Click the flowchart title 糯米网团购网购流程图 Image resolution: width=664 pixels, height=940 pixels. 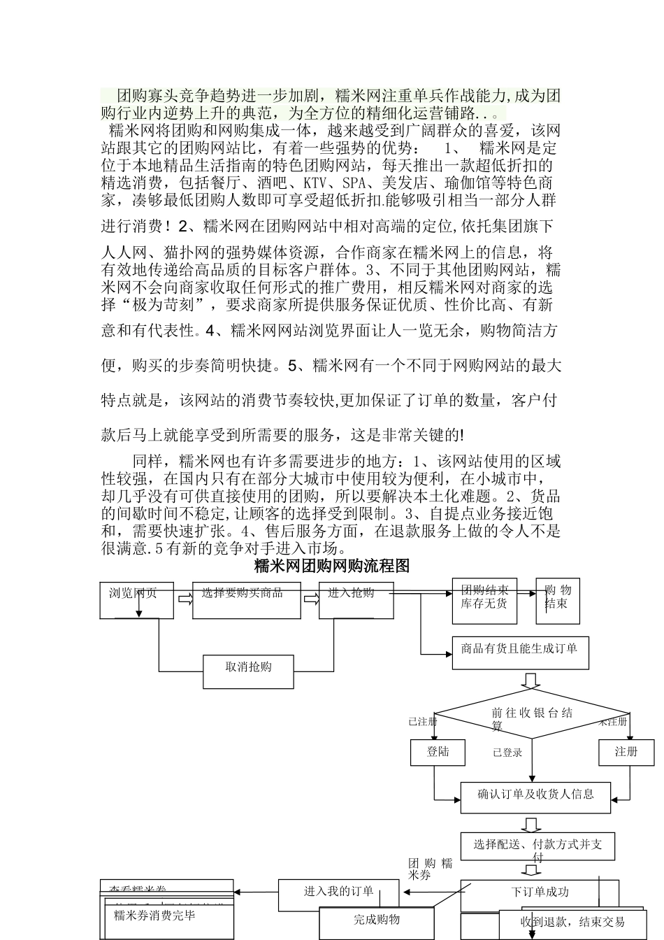click(331, 566)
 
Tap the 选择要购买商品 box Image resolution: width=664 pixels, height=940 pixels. click(246, 600)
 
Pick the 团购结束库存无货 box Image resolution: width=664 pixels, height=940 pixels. click(484, 600)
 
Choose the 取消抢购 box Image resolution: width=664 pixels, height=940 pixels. click(248, 671)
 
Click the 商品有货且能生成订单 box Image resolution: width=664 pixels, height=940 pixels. click(519, 653)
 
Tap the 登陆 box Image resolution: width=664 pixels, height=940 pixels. click(438, 752)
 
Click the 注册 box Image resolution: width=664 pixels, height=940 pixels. click(626, 752)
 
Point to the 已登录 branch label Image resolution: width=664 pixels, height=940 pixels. click(507, 753)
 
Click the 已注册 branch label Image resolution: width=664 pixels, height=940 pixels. click(422, 721)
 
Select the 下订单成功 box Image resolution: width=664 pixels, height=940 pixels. click(539, 892)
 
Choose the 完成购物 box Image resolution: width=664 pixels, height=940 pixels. click(376, 920)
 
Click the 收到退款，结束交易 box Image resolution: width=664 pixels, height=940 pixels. click(573, 923)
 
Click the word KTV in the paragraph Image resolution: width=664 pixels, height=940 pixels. click(315, 183)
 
